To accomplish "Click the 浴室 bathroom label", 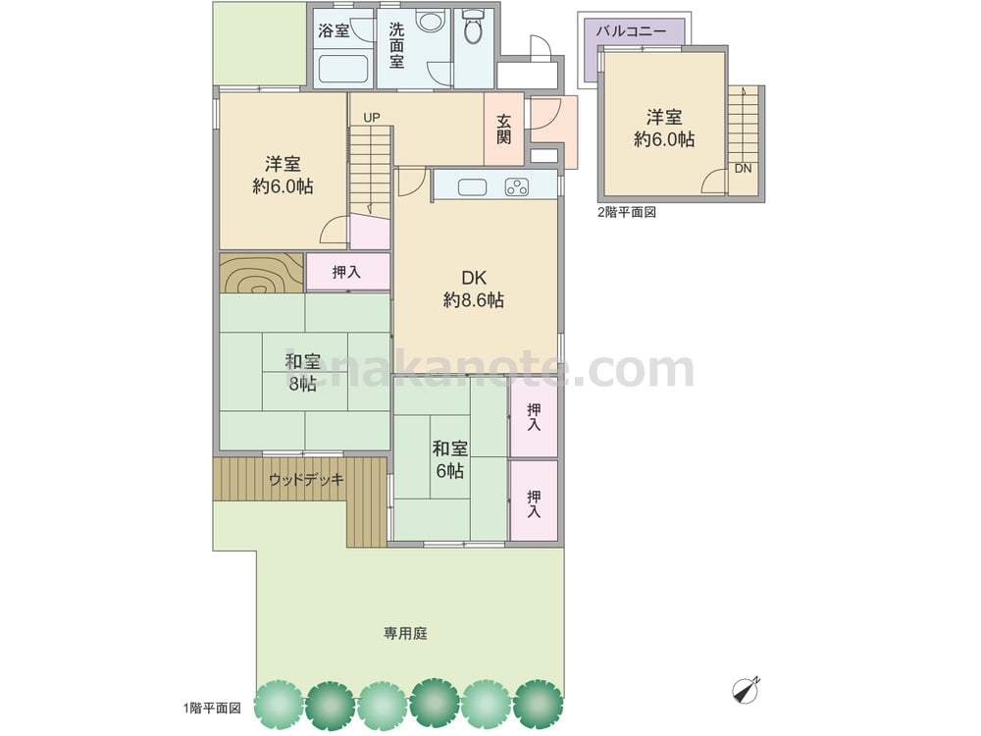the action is pyautogui.click(x=334, y=30).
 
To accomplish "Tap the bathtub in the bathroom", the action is pyautogui.click(x=343, y=69).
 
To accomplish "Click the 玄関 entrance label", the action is pyautogui.click(x=503, y=129).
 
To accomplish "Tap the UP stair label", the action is pyautogui.click(x=372, y=117).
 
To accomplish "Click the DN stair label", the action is pyautogui.click(x=744, y=169).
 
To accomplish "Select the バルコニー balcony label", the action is pyautogui.click(x=631, y=30).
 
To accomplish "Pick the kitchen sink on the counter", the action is pyautogui.click(x=473, y=186).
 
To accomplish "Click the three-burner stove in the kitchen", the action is pyautogui.click(x=517, y=186).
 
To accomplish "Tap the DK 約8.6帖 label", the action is pyautogui.click(x=474, y=289).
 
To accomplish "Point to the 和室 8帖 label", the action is pyautogui.click(x=303, y=373).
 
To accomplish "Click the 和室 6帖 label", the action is pyautogui.click(x=450, y=460).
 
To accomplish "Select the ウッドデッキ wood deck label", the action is pyautogui.click(x=306, y=480).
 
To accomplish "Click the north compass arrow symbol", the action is pyautogui.click(x=746, y=690).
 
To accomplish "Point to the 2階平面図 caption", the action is pyautogui.click(x=627, y=212).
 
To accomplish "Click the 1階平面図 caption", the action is pyautogui.click(x=212, y=709).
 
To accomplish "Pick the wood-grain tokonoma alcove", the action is pyautogui.click(x=262, y=272).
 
